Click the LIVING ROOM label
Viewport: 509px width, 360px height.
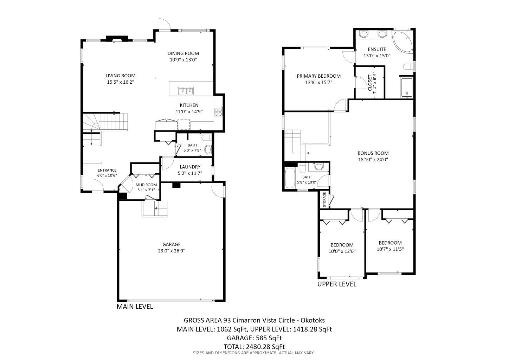click(x=121, y=76)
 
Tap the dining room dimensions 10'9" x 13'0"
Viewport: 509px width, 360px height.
click(x=183, y=60)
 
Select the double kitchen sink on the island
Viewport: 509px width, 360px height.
click(x=186, y=91)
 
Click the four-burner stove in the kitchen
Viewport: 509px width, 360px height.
click(x=218, y=112)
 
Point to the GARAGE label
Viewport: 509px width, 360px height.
click(x=172, y=245)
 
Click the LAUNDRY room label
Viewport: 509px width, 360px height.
click(x=190, y=167)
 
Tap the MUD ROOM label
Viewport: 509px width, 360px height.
click(x=146, y=185)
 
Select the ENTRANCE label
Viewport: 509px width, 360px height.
click(x=107, y=170)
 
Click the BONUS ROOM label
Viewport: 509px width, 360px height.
click(x=373, y=153)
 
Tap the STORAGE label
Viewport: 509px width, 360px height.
click(x=324, y=200)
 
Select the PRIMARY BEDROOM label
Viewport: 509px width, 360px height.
click(x=319, y=76)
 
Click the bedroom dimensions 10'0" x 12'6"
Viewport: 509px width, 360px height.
click(x=342, y=251)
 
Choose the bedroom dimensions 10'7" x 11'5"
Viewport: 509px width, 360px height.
click(x=390, y=249)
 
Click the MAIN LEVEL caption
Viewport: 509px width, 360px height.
click(x=135, y=307)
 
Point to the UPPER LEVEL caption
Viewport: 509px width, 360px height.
click(x=337, y=284)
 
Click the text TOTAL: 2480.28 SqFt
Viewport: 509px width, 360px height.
click(x=254, y=347)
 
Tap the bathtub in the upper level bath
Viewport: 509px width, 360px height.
click(x=290, y=178)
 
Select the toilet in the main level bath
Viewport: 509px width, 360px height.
click(x=207, y=138)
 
